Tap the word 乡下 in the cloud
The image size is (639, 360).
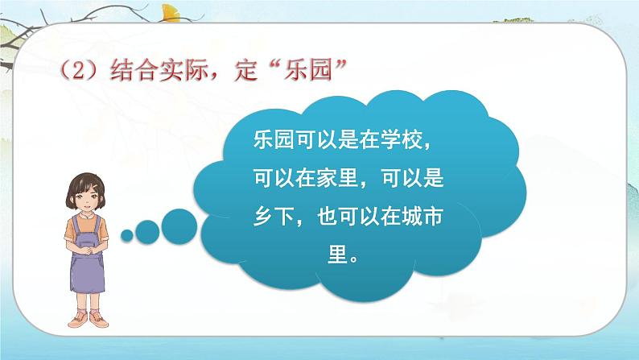pyautogui.click(x=262, y=218)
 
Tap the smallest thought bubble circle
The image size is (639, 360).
pyautogui.click(x=127, y=235)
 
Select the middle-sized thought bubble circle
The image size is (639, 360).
pyautogui.click(x=147, y=232)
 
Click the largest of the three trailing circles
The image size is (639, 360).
pyautogui.click(x=178, y=225)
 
